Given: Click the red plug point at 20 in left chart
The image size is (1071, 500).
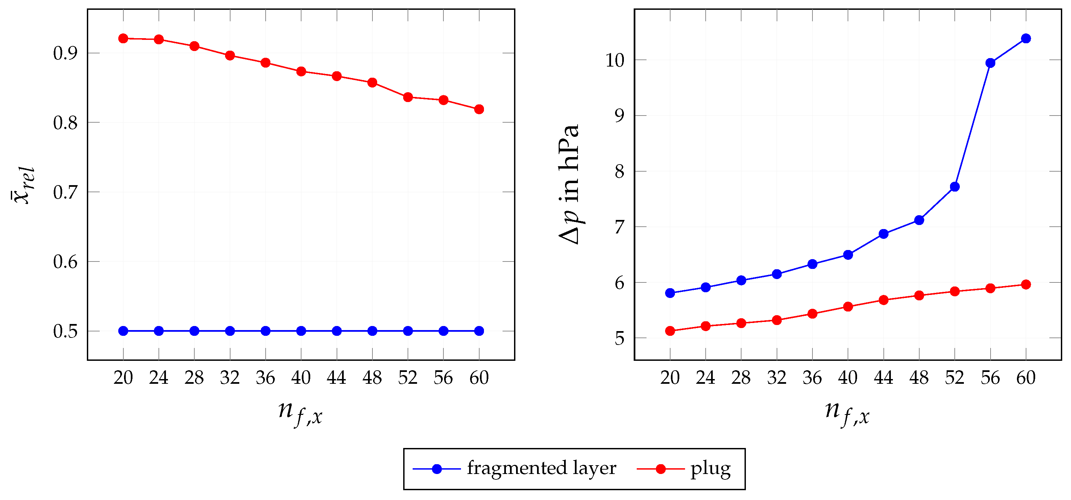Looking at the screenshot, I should pos(123,39).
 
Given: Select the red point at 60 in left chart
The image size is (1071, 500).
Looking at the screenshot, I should pos(479,109).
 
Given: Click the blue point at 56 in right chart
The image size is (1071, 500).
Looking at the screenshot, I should pos(990,63).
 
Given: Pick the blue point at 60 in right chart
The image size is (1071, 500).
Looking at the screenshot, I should pos(1026,39).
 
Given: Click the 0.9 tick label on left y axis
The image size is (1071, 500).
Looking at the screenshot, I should pos(65,54).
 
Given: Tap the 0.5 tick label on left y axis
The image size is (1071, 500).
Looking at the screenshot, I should pos(65,332).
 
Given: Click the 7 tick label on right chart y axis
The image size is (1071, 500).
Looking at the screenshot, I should pos(619,228).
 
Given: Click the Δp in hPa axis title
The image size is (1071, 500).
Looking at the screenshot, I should pos(569,184).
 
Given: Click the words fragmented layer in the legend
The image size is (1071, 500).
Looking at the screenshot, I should pos(541,469).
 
